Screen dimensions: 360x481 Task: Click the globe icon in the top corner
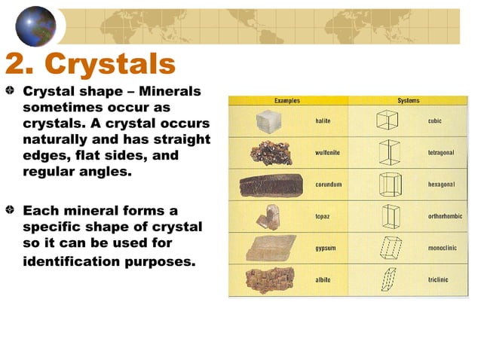(35, 25)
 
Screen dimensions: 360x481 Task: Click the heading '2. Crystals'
(90, 64)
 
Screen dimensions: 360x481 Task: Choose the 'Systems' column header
(409, 101)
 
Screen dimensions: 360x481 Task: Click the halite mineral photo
(268, 121)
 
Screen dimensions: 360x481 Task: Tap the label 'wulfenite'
(327, 152)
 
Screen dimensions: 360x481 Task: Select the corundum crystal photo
(270, 185)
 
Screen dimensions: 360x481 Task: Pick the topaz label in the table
(322, 216)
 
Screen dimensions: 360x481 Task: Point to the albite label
(323, 279)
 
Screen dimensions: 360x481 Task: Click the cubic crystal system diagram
(388, 121)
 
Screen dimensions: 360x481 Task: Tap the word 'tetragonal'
(441, 152)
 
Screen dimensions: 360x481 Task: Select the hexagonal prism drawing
(388, 184)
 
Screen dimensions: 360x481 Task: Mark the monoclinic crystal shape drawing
(390, 247)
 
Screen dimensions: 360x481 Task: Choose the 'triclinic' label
(438, 279)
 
